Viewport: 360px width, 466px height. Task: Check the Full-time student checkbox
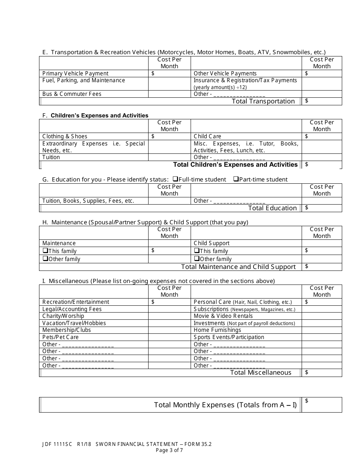point(175,179)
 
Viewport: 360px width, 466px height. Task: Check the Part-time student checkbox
point(236,179)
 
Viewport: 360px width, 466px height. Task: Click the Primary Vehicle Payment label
point(75,73)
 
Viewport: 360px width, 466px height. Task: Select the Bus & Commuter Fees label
point(72,94)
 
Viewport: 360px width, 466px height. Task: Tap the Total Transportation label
point(263,101)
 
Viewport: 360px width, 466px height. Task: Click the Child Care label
point(207,136)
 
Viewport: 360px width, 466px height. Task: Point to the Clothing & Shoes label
point(65,136)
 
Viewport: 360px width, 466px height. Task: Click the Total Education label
point(272,208)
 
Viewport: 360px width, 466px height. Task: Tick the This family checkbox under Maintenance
point(45,251)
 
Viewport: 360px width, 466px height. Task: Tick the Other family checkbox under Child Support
point(197,259)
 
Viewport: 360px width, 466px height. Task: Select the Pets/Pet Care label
point(61,337)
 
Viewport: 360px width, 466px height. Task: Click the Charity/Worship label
point(63,316)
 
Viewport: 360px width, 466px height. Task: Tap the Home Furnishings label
point(217,330)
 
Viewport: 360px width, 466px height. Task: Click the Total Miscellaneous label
point(261,372)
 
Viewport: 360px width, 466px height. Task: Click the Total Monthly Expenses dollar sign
point(307,400)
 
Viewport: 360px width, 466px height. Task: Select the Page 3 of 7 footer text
point(169,450)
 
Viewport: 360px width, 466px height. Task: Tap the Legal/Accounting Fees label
point(72,309)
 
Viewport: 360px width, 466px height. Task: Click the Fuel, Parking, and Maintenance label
point(84,80)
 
